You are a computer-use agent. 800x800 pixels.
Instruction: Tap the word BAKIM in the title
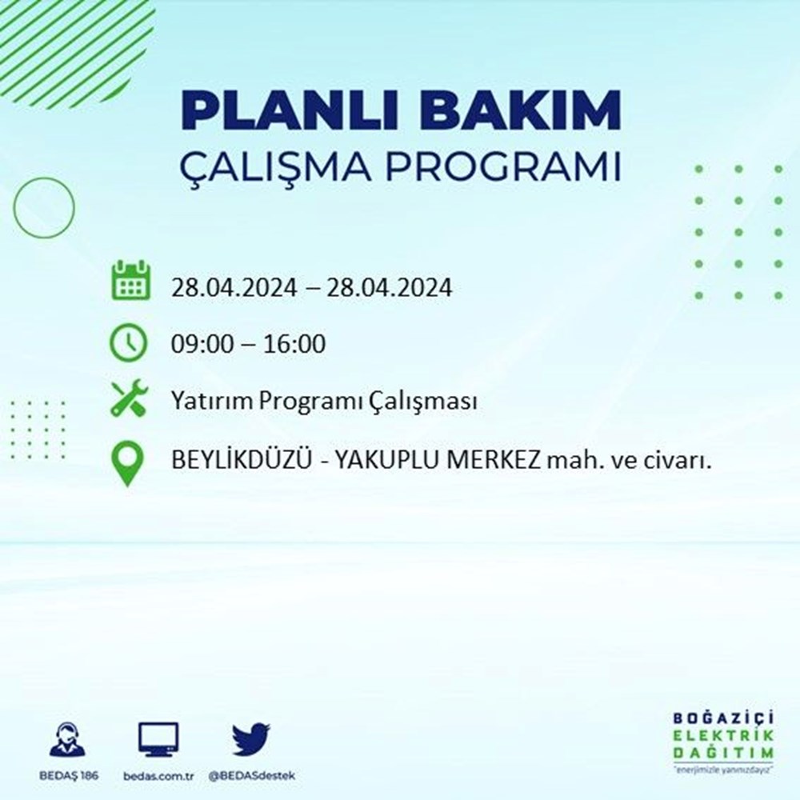520,110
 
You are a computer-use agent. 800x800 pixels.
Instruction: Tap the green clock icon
128,342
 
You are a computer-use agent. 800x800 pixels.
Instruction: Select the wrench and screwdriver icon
129,398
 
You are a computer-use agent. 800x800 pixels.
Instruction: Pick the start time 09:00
201,344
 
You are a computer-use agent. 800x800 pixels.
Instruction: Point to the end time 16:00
294,344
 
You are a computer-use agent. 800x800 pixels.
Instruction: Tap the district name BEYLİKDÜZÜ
241,460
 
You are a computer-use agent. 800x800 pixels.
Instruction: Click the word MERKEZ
494,462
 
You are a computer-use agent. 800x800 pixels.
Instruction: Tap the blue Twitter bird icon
251,738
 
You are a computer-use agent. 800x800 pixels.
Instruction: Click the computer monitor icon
158,739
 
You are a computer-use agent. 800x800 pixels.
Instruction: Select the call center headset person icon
68,738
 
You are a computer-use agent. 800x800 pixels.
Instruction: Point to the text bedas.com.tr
158,776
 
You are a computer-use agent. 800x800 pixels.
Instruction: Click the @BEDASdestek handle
251,776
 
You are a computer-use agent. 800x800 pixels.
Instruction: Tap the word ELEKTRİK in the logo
723,736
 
